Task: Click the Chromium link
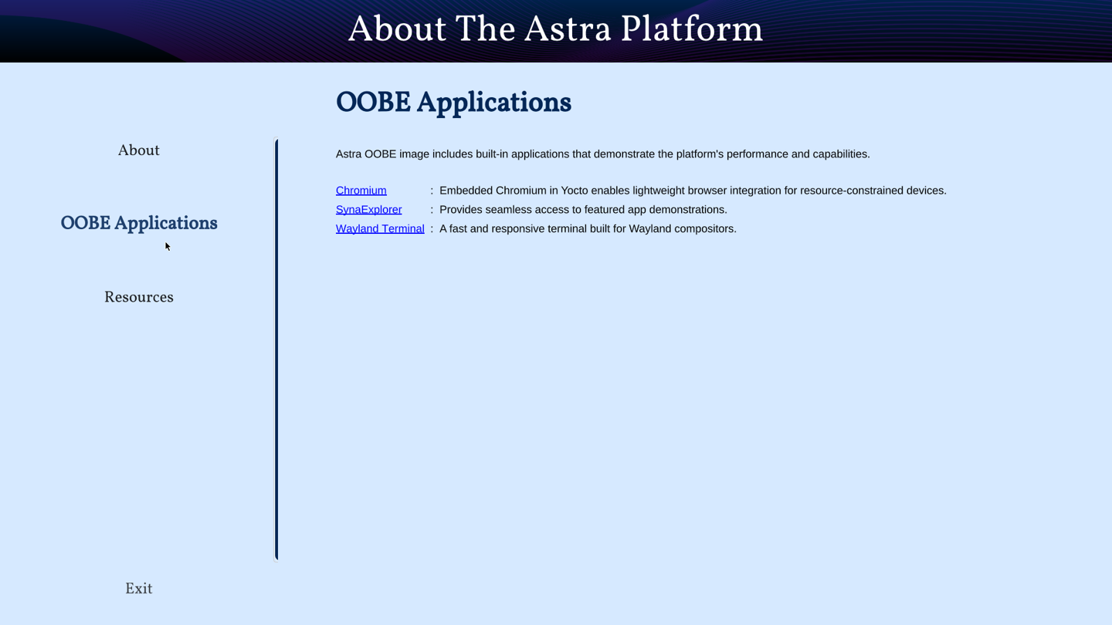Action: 361,191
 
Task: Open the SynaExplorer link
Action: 369,210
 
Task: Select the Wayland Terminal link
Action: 380,228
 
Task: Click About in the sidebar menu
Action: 138,150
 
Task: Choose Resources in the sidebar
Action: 138,297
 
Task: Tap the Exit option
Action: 138,589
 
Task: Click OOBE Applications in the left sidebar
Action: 139,223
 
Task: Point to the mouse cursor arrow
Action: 168,246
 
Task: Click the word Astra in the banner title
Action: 567,29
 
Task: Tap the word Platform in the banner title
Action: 692,29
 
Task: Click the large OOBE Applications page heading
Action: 453,103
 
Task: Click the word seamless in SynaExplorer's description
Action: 506,210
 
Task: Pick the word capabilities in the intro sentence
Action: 843,154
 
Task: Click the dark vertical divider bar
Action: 276,350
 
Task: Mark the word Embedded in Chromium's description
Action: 466,191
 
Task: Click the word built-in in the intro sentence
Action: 492,154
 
